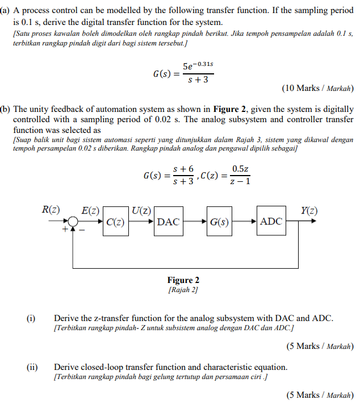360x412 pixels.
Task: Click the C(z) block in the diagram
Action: tap(115, 222)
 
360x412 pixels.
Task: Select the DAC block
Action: tap(168, 222)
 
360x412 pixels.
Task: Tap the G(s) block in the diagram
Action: tap(219, 222)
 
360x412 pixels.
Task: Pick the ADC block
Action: tap(271, 222)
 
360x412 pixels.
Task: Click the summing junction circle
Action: tap(73, 222)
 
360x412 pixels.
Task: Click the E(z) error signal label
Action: tap(91, 210)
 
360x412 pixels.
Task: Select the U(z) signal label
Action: tap(141, 210)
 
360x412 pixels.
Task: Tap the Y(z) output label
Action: tap(308, 210)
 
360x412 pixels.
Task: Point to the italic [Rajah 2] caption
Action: tap(183, 290)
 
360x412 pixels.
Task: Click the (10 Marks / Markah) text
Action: tap(317, 88)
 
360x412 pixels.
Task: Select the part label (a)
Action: tap(6, 11)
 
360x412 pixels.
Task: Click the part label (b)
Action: tap(6, 109)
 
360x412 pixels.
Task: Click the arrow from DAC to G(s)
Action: tap(194, 222)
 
